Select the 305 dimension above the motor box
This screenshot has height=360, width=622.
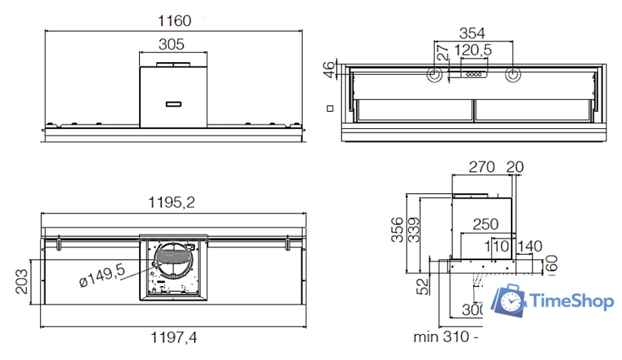click(x=172, y=44)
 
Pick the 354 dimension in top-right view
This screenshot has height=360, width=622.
click(x=472, y=33)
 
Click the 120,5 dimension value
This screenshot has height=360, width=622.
click(x=475, y=50)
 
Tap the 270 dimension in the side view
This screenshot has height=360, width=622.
click(x=481, y=167)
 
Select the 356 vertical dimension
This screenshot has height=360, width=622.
click(x=398, y=230)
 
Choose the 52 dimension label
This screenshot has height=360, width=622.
click(x=421, y=286)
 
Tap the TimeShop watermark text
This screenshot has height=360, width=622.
click(x=572, y=301)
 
